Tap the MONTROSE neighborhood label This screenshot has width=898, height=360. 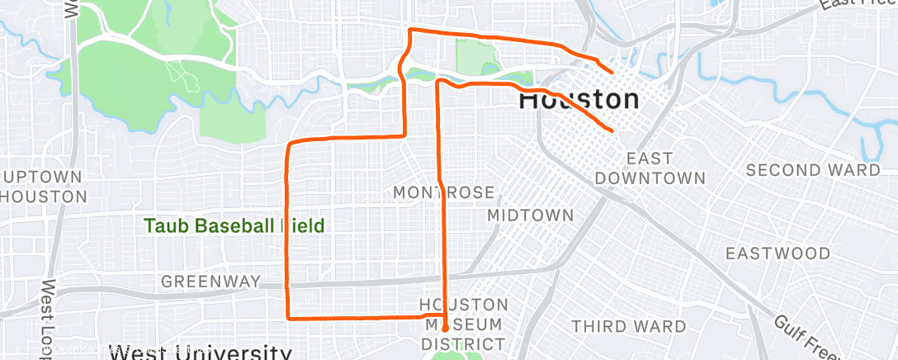tap(443, 192)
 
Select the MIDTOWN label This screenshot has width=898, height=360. tap(530, 215)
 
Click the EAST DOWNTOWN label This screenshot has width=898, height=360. tap(650, 168)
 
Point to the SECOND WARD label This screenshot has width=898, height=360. tap(812, 170)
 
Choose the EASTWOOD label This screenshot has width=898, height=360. tap(777, 253)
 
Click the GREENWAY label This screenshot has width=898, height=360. tap(210, 281)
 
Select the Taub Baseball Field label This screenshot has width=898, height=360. tap(234, 225)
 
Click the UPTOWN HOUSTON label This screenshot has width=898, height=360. tap(43, 187)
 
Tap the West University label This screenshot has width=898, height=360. tap(201, 353)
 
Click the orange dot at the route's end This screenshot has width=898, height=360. tap(445, 327)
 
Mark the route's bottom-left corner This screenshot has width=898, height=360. tap(287, 316)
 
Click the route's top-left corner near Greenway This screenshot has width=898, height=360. tap(288, 144)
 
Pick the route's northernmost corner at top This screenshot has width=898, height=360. tap(410, 31)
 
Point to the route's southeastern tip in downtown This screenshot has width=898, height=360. tap(612, 130)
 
